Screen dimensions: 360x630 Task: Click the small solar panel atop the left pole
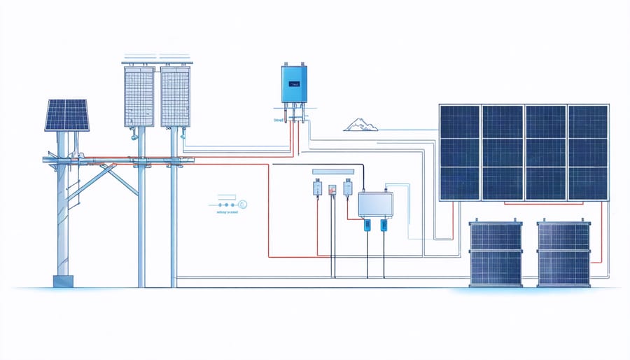point(67,115)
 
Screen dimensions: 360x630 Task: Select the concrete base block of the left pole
point(63,281)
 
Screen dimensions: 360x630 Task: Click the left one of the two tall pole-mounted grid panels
point(139,96)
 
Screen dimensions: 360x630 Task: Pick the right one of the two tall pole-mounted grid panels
point(176,96)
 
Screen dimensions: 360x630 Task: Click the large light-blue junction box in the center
point(375,205)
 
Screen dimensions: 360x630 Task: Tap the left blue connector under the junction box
point(367,225)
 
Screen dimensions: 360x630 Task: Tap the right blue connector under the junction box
point(384,225)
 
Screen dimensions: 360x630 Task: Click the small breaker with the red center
point(332,189)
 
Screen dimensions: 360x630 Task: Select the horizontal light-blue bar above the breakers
point(334,171)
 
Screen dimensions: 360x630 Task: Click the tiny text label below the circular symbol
point(227,211)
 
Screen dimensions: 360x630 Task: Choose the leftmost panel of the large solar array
point(459,153)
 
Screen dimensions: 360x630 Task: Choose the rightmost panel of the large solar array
point(588,153)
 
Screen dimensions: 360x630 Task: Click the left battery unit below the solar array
point(496,254)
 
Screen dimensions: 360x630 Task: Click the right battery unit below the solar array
point(564,254)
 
